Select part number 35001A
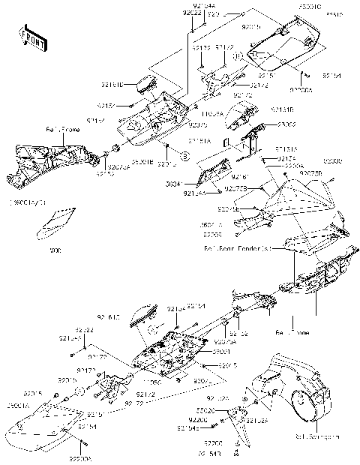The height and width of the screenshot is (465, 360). point(19,405)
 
